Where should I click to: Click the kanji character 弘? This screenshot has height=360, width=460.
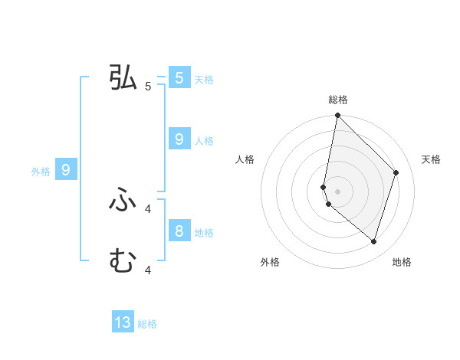(x=123, y=77)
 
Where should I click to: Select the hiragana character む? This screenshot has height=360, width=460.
(x=123, y=261)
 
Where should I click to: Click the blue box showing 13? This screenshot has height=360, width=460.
(x=123, y=322)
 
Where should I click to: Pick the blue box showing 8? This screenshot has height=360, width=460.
(x=179, y=231)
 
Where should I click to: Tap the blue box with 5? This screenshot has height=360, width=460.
(x=179, y=77)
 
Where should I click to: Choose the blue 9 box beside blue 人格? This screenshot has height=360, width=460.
(x=179, y=139)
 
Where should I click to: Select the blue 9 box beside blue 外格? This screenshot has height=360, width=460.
(x=66, y=170)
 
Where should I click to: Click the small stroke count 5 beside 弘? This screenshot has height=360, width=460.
(x=148, y=87)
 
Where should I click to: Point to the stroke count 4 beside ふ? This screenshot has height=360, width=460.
(x=148, y=208)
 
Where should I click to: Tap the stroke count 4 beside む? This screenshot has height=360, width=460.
(x=148, y=270)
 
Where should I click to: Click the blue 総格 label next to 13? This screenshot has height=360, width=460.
(x=147, y=324)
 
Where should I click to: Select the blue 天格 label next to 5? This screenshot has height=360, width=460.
(x=204, y=79)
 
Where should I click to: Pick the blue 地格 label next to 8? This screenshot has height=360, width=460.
(x=204, y=232)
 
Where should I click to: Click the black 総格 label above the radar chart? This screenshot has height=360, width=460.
(x=337, y=100)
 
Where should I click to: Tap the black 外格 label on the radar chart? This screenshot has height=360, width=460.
(x=270, y=262)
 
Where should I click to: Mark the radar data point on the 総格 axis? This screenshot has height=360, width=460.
(x=337, y=116)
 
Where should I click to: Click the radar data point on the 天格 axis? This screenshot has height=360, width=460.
(x=396, y=172)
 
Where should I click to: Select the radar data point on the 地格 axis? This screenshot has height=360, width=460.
(x=373, y=241)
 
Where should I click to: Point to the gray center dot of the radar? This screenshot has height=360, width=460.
(x=337, y=191)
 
